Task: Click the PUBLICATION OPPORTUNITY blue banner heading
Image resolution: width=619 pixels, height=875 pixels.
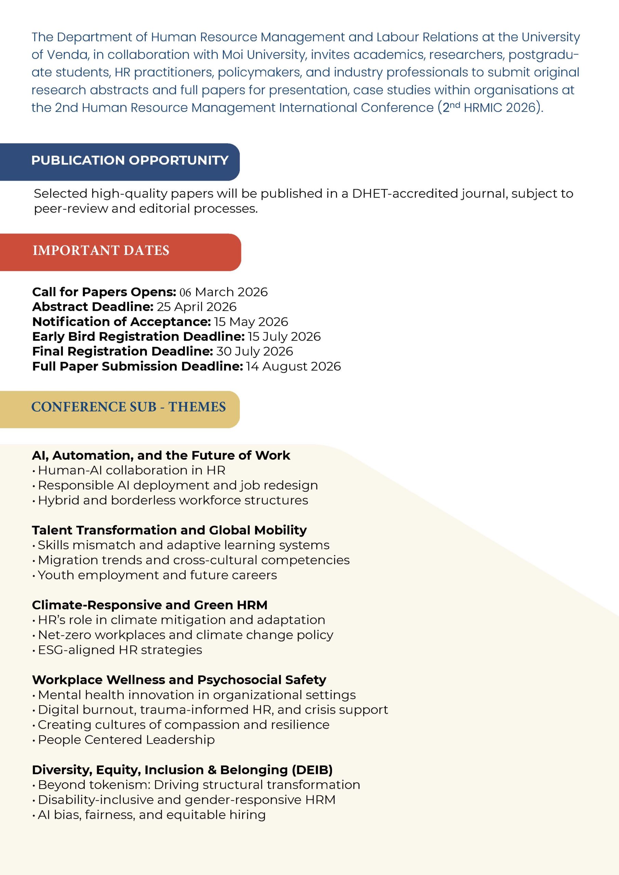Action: coord(130,160)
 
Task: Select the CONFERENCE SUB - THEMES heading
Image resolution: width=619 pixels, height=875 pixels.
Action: coord(128,407)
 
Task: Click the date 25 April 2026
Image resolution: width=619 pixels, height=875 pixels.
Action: coord(196,307)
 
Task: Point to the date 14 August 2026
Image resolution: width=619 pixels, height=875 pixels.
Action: coord(293,366)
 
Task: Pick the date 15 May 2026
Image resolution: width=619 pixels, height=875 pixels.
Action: coord(251,322)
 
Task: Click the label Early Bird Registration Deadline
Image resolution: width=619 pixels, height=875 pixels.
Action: coord(138,337)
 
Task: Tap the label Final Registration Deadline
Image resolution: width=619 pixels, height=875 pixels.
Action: coord(122,351)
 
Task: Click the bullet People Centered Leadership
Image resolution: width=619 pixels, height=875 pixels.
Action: coord(126,740)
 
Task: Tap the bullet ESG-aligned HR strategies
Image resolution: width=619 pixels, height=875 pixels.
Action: coord(120,650)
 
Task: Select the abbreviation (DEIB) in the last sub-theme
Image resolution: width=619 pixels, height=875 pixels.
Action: coord(312,770)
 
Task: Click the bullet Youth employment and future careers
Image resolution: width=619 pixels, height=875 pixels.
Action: coord(157,575)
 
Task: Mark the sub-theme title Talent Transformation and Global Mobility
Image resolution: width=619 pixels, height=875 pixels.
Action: coord(169,530)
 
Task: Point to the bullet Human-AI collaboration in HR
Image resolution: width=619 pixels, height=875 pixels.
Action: coord(132,470)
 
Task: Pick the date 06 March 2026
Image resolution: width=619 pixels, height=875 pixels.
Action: coord(224,292)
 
